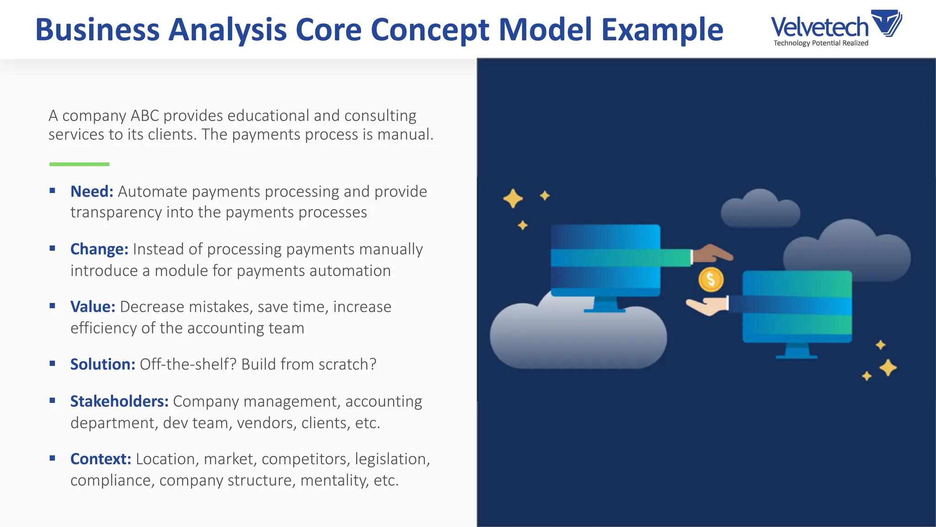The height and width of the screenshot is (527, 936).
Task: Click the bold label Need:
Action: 91,192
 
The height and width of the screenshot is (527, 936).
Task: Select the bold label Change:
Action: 99,249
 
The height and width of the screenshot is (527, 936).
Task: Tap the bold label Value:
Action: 93,307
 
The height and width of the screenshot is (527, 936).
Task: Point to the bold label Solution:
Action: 102,365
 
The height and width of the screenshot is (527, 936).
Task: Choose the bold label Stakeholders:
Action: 119,402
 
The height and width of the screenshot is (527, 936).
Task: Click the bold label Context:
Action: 101,459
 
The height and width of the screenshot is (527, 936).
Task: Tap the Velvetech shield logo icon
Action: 887,23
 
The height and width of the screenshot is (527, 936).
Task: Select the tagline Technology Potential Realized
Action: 820,43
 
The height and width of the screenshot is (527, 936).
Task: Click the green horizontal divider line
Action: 80,164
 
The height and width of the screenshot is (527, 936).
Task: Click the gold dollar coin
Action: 711,280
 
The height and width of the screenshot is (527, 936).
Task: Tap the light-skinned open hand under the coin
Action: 706,306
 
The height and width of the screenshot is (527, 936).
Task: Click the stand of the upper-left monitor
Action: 605,305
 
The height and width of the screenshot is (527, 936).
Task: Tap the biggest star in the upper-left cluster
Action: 513,199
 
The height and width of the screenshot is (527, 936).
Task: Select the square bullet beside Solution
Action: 53,364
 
